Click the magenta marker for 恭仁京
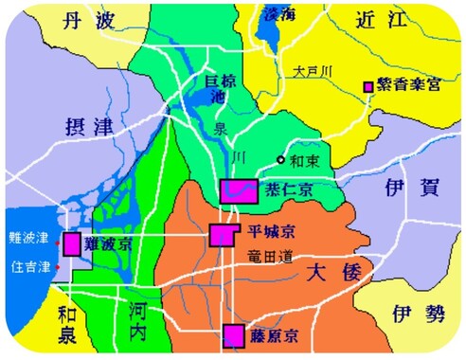pos(238,190)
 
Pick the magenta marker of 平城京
pos(223,235)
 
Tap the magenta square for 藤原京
pos(233,333)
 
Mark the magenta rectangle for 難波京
pos(72,243)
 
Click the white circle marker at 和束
pos(279,159)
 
